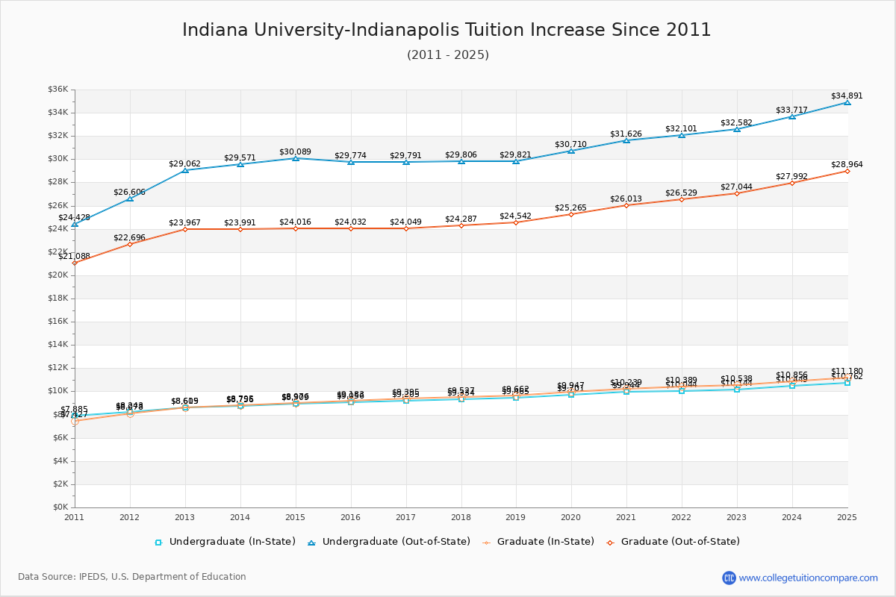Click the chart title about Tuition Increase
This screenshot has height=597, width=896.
(x=447, y=30)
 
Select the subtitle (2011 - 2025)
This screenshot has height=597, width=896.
(x=447, y=55)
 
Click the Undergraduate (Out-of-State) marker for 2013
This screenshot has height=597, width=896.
(x=185, y=170)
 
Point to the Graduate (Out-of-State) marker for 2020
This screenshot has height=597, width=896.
(x=571, y=214)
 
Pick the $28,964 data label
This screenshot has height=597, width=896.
(x=847, y=164)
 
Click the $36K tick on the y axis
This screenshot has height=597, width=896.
(x=58, y=90)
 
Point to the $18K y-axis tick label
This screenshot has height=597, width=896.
(x=58, y=298)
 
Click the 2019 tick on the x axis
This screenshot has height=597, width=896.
(x=516, y=516)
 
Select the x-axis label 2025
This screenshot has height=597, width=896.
(x=847, y=516)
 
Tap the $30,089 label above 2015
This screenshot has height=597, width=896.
(x=296, y=151)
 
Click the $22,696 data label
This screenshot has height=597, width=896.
(x=129, y=237)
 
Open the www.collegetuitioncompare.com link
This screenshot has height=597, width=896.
(x=808, y=578)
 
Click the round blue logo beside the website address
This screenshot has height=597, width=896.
(x=729, y=578)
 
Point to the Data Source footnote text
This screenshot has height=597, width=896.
(x=132, y=577)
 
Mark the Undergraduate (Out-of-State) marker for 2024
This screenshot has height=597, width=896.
(x=792, y=116)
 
